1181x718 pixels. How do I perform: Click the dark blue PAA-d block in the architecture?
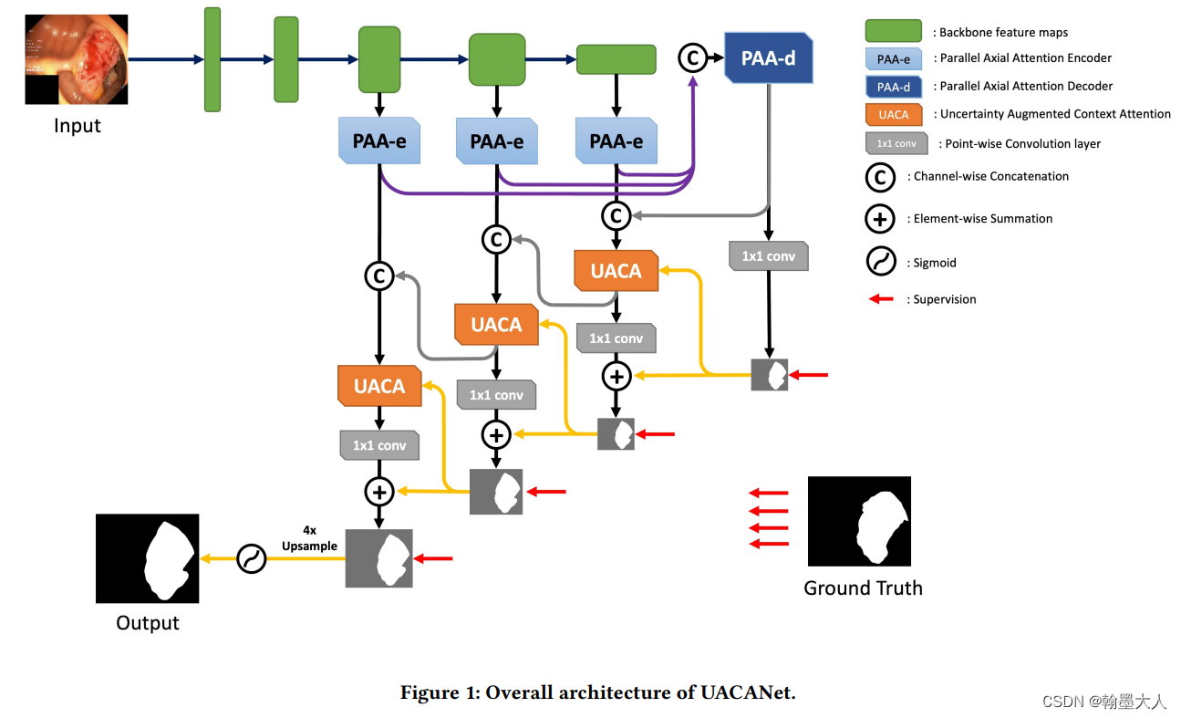[768, 58]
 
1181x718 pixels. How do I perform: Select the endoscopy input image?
[77, 59]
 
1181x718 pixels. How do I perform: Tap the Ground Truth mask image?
[859, 521]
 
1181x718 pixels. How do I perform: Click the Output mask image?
[148, 558]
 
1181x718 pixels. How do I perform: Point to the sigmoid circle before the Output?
[252, 558]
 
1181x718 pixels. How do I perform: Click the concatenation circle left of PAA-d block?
[693, 58]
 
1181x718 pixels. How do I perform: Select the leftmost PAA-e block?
[379, 140]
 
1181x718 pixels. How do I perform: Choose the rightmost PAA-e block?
[616, 140]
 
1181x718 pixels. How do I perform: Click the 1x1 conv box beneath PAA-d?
[769, 256]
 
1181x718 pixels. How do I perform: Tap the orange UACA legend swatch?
[894, 114]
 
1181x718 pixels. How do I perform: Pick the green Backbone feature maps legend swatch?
[894, 31]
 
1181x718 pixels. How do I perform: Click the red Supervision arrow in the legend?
[881, 299]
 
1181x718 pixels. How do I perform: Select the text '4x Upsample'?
[309, 538]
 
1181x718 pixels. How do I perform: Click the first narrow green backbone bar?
[212, 59]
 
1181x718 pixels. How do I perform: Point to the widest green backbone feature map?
[616, 59]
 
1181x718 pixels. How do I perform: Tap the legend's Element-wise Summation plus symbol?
[880, 219]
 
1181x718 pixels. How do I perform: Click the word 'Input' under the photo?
[77, 126]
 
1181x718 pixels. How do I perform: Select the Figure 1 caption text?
[598, 692]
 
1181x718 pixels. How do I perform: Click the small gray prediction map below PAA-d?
[769, 375]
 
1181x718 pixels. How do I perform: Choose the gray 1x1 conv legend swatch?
[896, 143]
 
